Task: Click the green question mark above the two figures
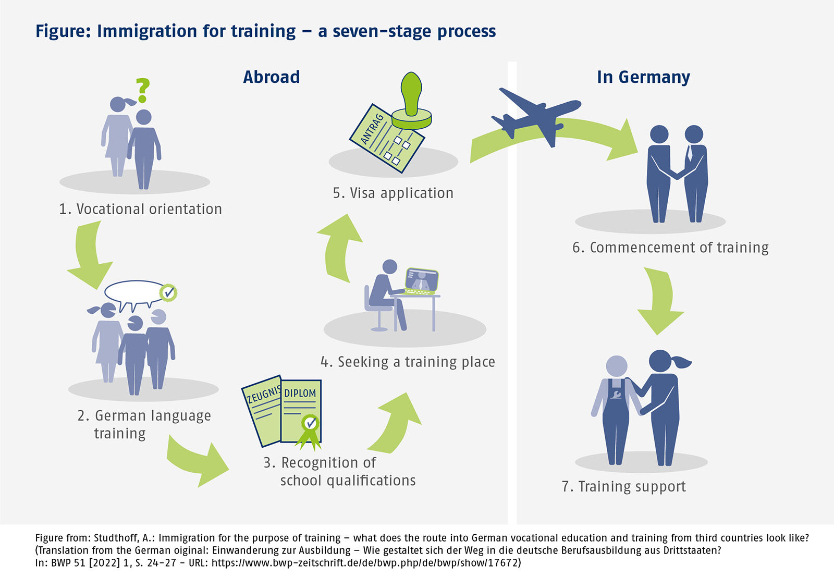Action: click(142, 90)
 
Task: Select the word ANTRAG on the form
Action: click(372, 129)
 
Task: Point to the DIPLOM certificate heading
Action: click(300, 393)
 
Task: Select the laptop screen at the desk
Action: click(422, 280)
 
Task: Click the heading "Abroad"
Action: click(271, 77)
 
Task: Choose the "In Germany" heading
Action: click(643, 77)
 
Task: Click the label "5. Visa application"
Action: click(393, 193)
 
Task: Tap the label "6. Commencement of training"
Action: click(670, 248)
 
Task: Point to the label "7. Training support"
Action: click(623, 487)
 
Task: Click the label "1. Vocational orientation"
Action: click(140, 209)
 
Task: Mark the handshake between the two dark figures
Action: click(677, 174)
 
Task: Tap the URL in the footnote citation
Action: click(365, 563)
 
